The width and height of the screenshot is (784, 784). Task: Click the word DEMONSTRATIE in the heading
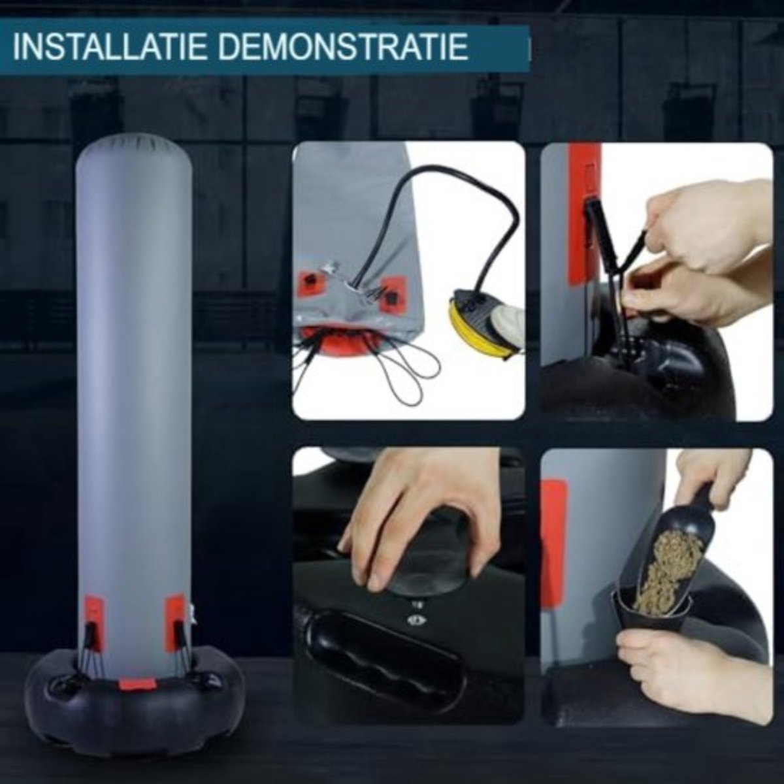pyautogui.click(x=346, y=48)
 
